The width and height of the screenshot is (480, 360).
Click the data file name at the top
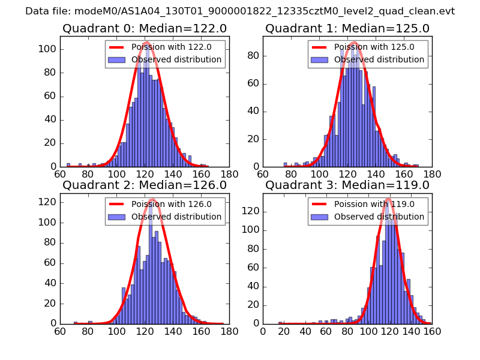(240, 11)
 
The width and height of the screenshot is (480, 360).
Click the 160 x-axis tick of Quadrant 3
(431, 331)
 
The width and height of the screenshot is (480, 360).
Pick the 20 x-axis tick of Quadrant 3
(284, 331)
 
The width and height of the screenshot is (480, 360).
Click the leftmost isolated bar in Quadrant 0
(68, 165)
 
